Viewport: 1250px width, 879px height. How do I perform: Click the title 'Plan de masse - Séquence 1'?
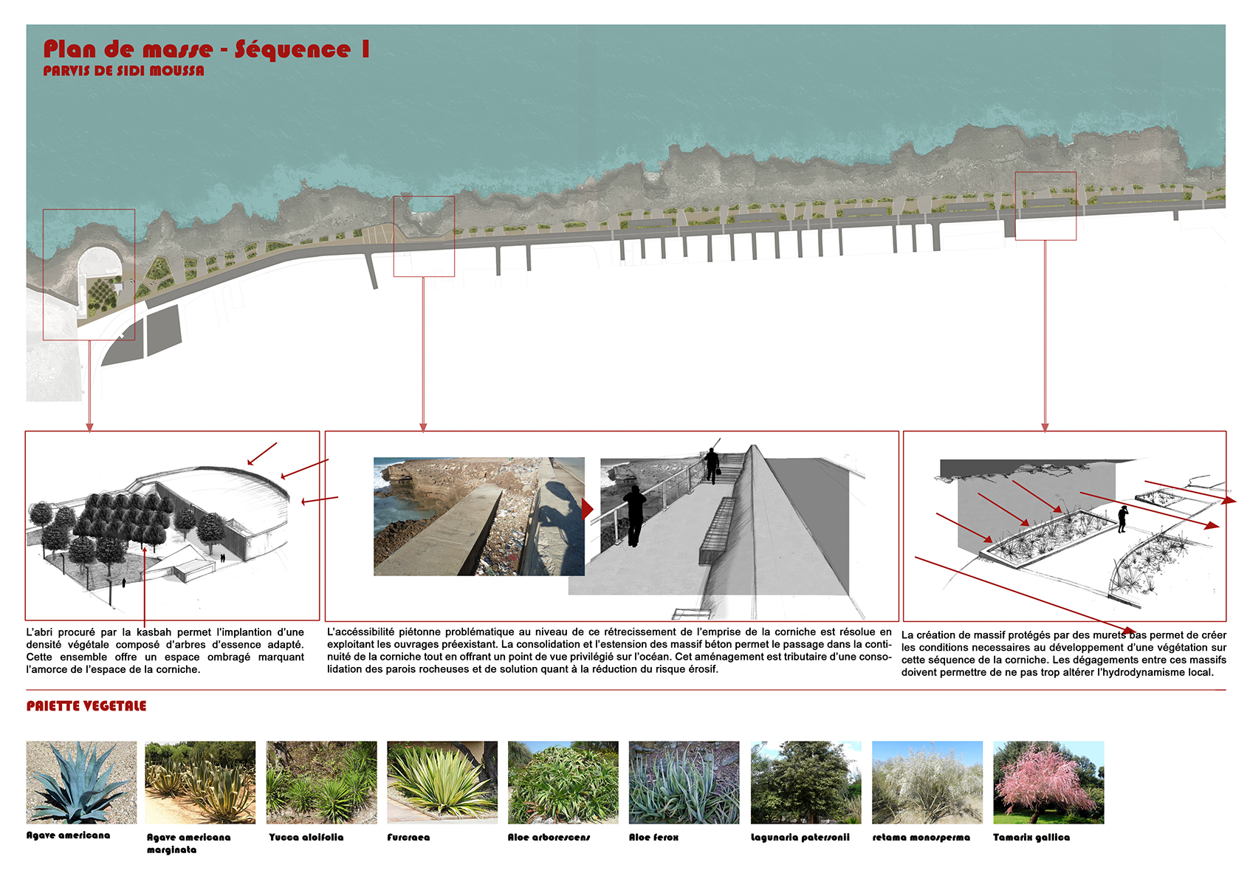(x=207, y=49)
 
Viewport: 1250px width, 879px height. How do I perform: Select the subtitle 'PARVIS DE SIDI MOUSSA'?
(x=124, y=71)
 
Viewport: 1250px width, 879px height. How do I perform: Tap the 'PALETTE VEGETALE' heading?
(x=86, y=706)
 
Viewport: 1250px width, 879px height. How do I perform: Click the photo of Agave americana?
(x=81, y=782)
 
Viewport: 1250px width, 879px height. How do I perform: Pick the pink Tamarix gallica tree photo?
(x=1048, y=782)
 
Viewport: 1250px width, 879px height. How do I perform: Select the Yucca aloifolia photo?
(x=321, y=782)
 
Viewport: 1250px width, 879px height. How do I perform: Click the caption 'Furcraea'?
(x=408, y=837)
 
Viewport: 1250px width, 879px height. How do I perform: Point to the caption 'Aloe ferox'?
(x=653, y=837)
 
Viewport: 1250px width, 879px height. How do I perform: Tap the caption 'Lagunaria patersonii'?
(x=800, y=837)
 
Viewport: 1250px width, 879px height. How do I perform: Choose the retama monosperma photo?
(x=927, y=782)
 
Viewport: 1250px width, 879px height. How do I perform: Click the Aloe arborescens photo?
(x=563, y=782)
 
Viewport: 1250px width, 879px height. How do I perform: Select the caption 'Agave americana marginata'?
(x=188, y=844)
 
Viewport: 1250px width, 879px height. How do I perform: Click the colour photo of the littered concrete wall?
(x=479, y=516)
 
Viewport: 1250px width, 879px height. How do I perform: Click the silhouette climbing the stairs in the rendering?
(x=712, y=465)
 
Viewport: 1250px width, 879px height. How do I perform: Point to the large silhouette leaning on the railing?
(x=634, y=515)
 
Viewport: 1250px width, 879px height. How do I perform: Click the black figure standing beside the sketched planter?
(x=1122, y=519)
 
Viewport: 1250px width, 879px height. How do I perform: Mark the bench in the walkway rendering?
(x=717, y=530)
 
